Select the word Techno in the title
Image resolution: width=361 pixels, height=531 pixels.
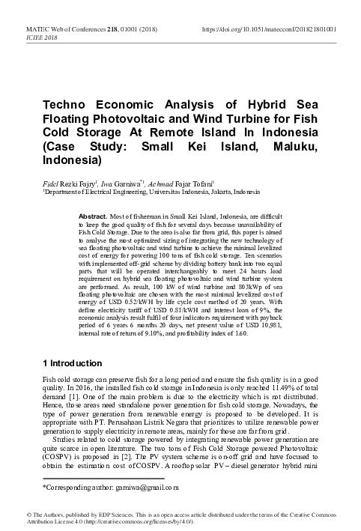point(72,102)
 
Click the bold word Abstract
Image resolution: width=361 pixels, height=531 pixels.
point(92,216)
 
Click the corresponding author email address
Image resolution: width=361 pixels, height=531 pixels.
point(151,488)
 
